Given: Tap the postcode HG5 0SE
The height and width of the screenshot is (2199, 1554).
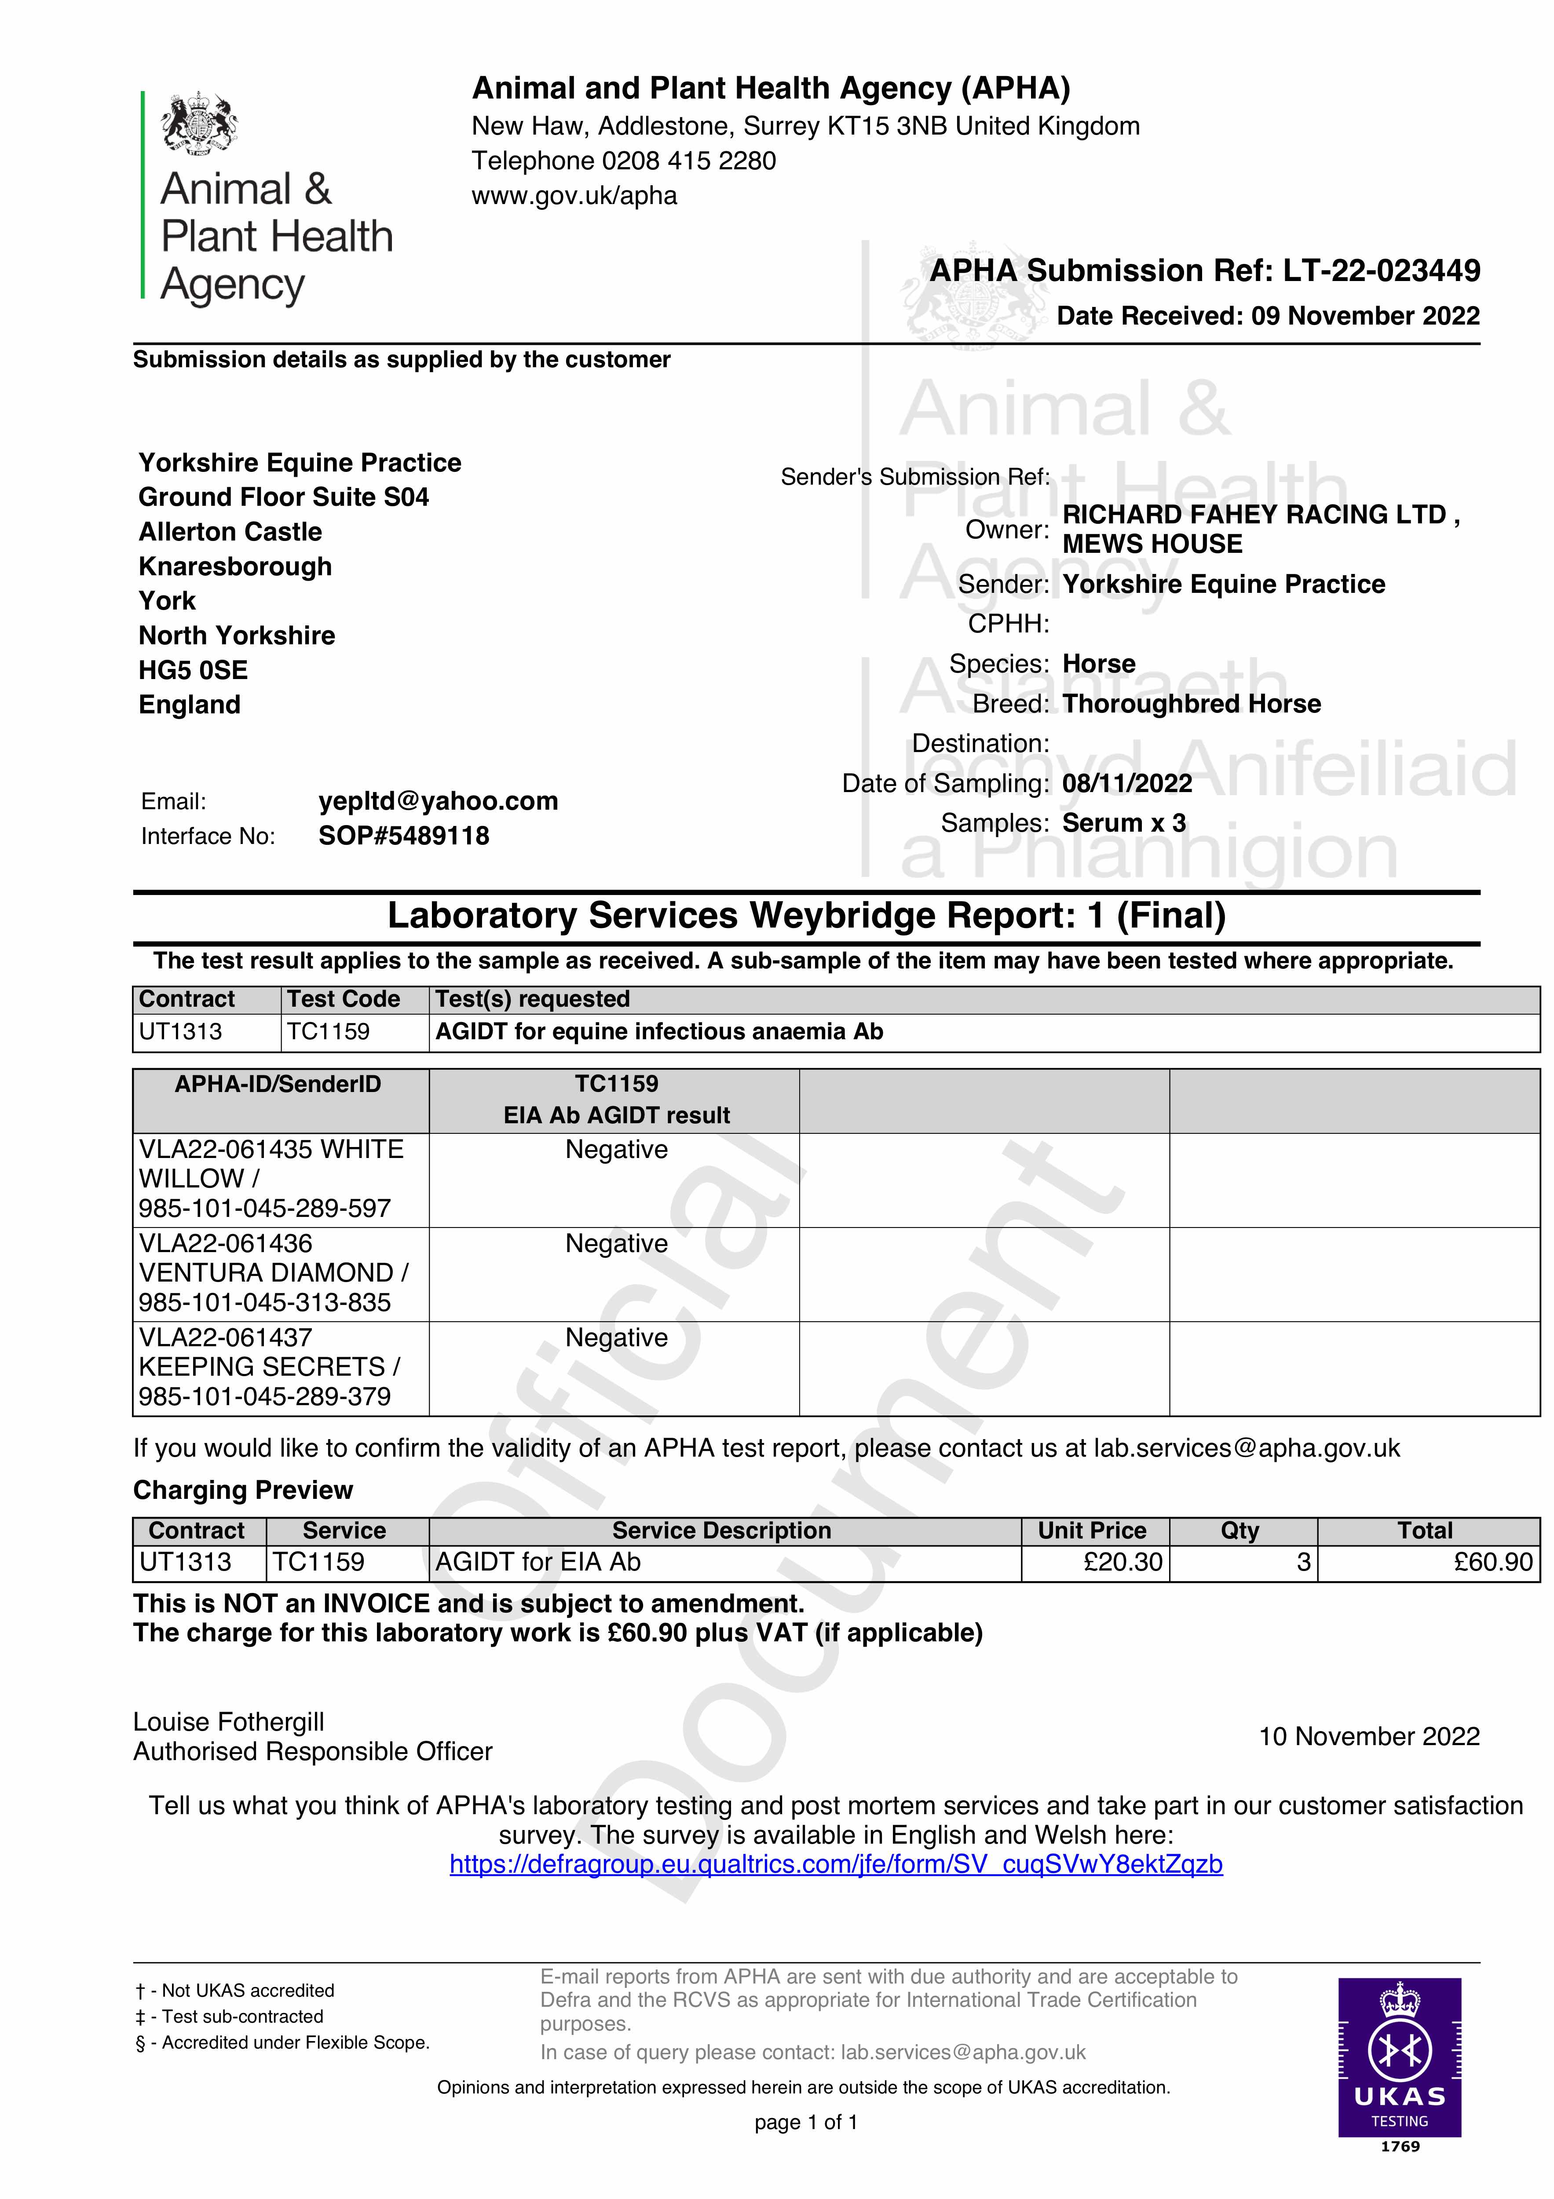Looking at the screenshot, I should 193,670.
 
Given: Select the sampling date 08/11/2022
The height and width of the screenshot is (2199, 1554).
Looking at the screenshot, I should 1127,783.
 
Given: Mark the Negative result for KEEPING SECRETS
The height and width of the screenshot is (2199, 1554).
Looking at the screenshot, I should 616,1338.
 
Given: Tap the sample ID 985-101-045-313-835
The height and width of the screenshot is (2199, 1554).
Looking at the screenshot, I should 264,1303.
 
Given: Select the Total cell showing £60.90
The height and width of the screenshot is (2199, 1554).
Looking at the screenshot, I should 1493,1562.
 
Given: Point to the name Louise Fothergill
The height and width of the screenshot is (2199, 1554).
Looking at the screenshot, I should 229,1722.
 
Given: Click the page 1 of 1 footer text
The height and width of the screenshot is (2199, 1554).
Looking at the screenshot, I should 806,2122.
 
